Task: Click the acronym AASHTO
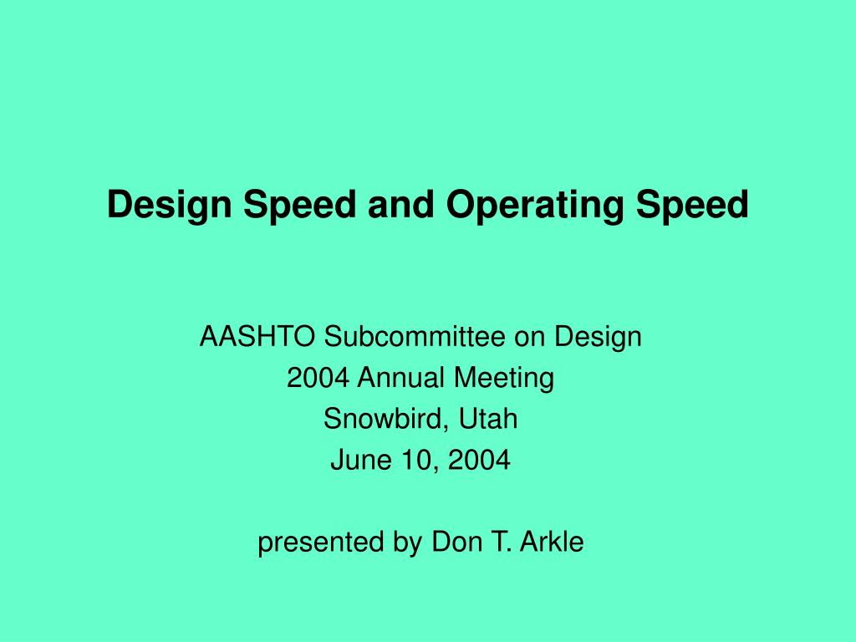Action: pyautogui.click(x=258, y=337)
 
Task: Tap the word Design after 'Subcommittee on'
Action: pyautogui.click(x=600, y=337)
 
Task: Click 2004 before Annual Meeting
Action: pyautogui.click(x=318, y=379)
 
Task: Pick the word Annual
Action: pyautogui.click(x=403, y=379)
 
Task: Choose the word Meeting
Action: pyautogui.click(x=504, y=379)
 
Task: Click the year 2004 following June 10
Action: pyautogui.click(x=477, y=460)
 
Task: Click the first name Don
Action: pyautogui.click(x=451, y=543)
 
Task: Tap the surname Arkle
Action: pyautogui.click(x=552, y=543)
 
